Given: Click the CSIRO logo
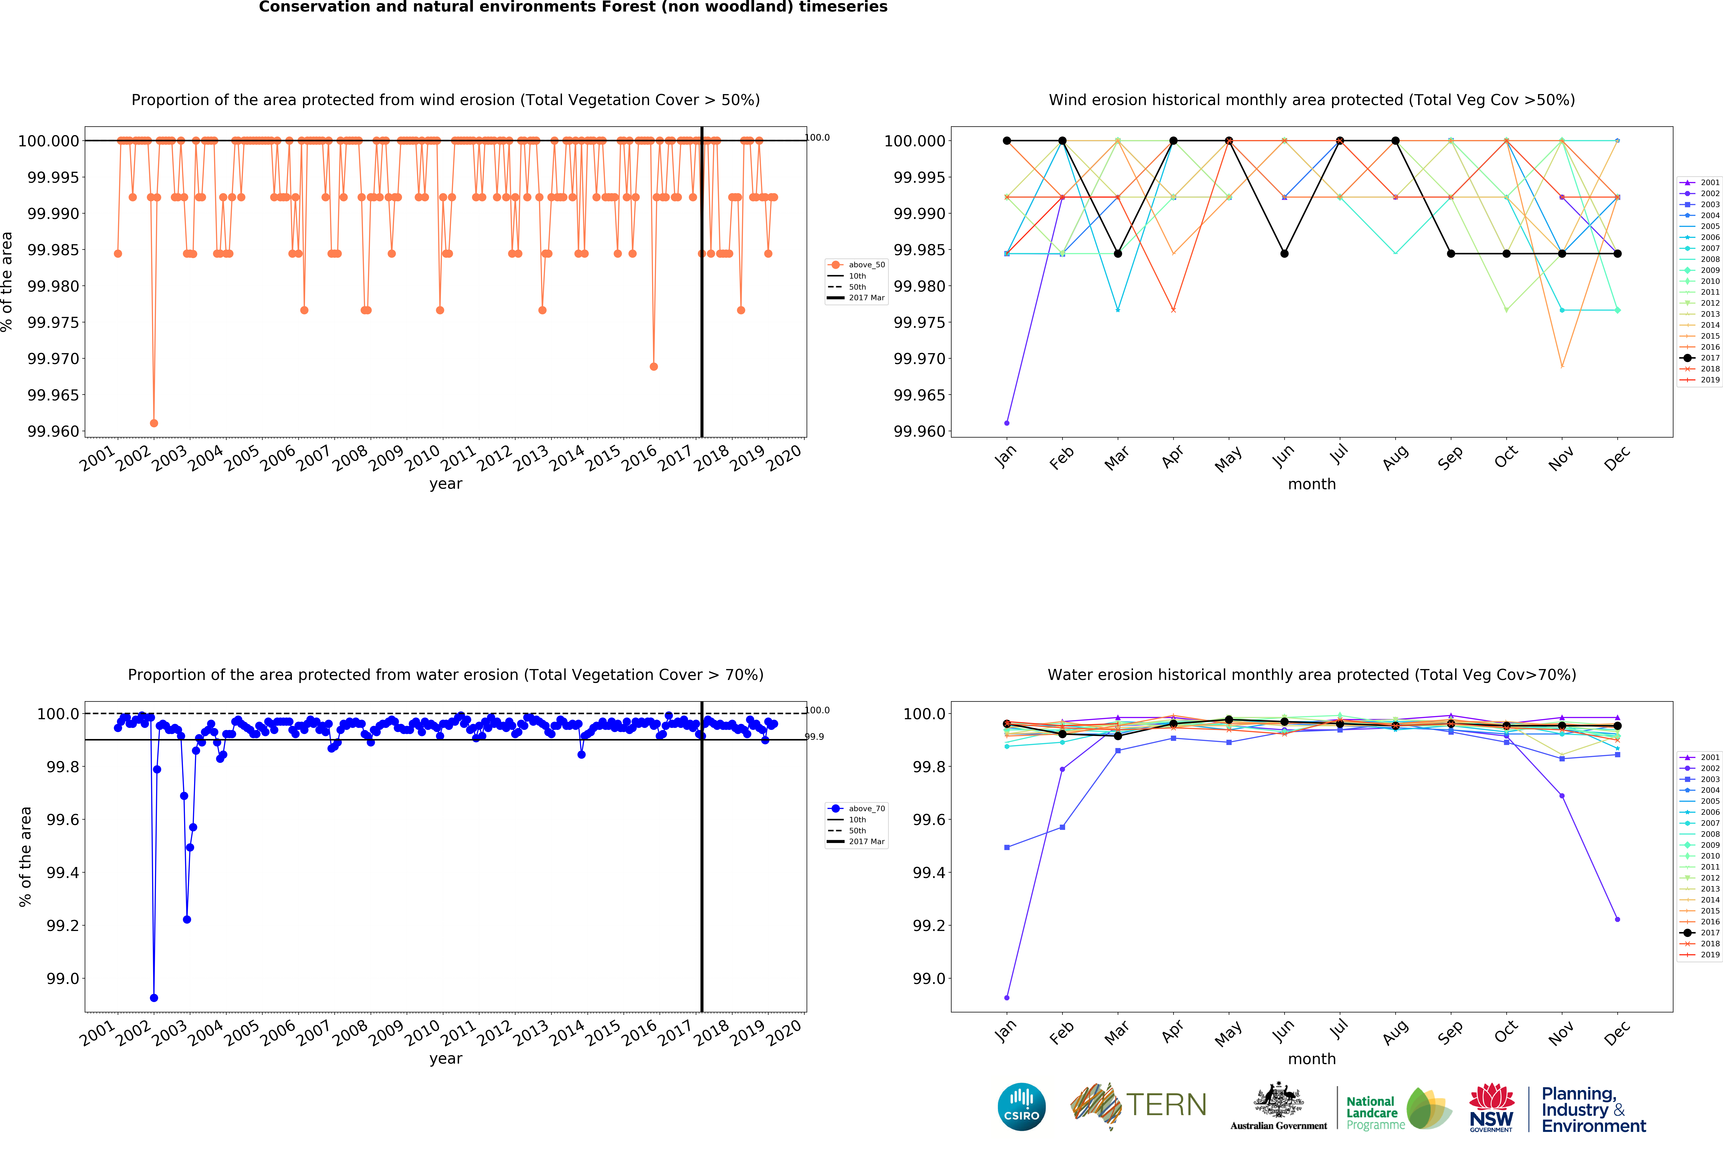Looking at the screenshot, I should pyautogui.click(x=1021, y=1106).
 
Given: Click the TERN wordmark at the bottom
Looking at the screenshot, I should pyautogui.click(x=1166, y=1105).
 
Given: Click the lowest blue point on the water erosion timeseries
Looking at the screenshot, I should pyautogui.click(x=153, y=998).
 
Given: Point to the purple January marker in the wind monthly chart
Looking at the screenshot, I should pyautogui.click(x=1007, y=423).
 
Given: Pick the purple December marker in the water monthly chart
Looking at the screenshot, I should pyautogui.click(x=1617, y=919).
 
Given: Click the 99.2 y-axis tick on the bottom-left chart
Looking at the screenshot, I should pyautogui.click(x=62, y=926).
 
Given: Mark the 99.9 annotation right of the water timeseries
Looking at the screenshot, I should pyautogui.click(x=814, y=736).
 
